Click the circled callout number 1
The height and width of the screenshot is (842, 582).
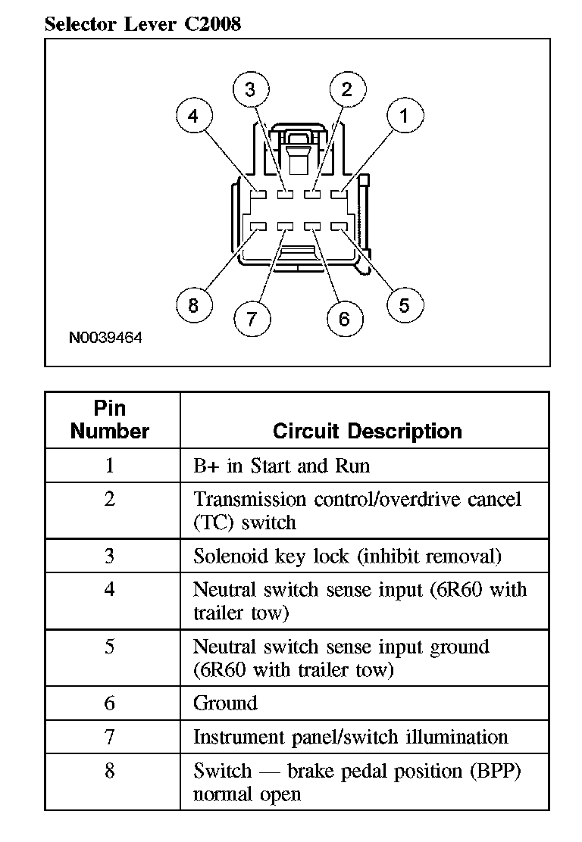click(x=404, y=117)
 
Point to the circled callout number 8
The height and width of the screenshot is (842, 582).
click(x=193, y=305)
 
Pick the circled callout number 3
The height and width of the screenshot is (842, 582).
click(x=251, y=90)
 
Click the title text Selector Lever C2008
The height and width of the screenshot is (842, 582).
click(x=142, y=24)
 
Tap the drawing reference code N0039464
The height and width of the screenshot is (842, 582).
click(x=105, y=338)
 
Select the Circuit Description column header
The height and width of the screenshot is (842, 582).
click(x=367, y=432)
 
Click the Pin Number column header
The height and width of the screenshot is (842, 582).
click(x=110, y=420)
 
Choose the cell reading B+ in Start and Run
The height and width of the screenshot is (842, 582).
click(x=281, y=465)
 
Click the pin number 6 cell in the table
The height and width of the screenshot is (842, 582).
click(x=110, y=703)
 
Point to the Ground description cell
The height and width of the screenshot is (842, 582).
click(x=225, y=703)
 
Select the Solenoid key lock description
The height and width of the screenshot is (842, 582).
click(x=347, y=557)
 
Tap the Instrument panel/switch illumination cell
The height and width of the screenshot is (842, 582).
click(x=350, y=737)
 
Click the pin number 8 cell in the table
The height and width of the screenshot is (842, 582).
click(x=110, y=771)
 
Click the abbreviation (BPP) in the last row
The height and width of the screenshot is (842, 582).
click(x=496, y=772)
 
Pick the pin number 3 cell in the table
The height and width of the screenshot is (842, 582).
click(x=110, y=557)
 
